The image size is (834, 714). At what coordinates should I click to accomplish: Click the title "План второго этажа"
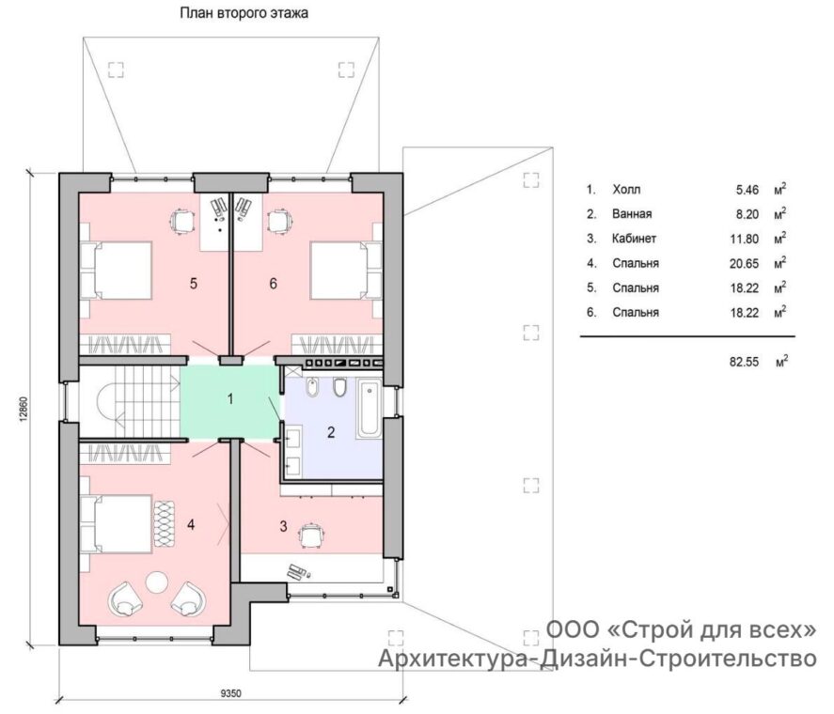[244, 13]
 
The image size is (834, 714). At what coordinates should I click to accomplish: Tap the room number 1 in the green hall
[230, 398]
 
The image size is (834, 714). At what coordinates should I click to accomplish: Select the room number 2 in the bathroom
[331, 432]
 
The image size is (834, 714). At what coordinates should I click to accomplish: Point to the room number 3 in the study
[284, 526]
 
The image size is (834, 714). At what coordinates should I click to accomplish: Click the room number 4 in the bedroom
[191, 525]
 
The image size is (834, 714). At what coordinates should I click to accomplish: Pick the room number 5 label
[194, 284]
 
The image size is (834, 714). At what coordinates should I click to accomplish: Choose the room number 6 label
[273, 284]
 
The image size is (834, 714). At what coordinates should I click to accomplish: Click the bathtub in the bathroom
[370, 409]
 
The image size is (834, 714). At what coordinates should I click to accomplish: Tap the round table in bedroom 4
[157, 582]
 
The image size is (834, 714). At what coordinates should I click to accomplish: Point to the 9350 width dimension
[231, 693]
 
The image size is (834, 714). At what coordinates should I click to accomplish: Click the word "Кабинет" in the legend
[634, 239]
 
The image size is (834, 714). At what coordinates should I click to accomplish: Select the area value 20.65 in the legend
[744, 263]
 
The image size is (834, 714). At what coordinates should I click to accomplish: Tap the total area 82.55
[744, 362]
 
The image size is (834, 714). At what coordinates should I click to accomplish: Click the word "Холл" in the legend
[626, 189]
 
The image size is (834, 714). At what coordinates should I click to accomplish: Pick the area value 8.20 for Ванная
[747, 214]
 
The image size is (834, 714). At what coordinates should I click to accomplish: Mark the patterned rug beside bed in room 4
[165, 523]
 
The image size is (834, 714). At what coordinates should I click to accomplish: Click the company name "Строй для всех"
[714, 630]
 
